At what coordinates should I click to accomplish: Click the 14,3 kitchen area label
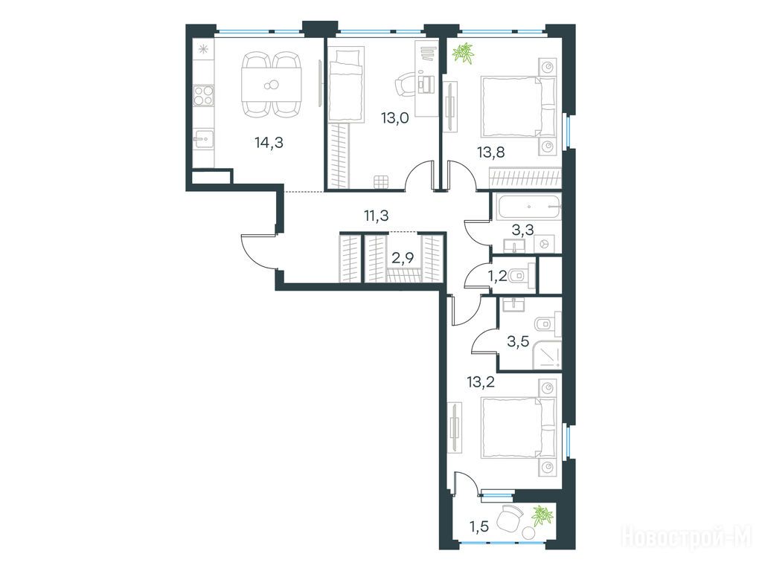coord(269,142)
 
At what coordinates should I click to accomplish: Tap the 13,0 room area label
coord(394,118)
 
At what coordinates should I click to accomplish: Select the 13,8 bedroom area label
coord(491,152)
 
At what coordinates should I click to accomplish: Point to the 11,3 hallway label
coord(377,215)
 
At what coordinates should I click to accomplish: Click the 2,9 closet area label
coord(403,258)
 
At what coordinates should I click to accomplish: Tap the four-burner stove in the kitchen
coord(204,95)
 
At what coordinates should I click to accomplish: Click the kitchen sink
coord(204,141)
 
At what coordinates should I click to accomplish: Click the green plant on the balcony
coord(542,516)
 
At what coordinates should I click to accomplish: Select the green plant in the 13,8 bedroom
coord(463,54)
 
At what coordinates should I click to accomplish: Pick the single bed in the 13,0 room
coord(346,84)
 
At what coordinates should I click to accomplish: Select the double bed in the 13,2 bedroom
coord(518,428)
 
